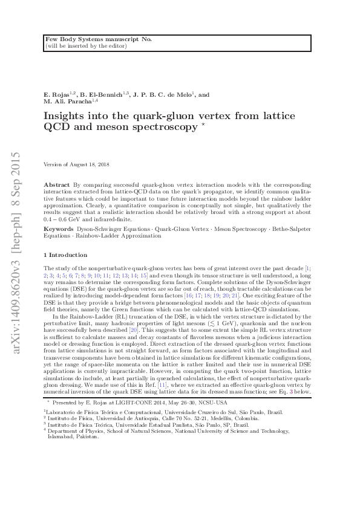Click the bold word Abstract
pos(57,183)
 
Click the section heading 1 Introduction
pos(66,254)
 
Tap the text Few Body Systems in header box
pos(71,39)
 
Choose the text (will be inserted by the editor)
pos(85,45)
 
